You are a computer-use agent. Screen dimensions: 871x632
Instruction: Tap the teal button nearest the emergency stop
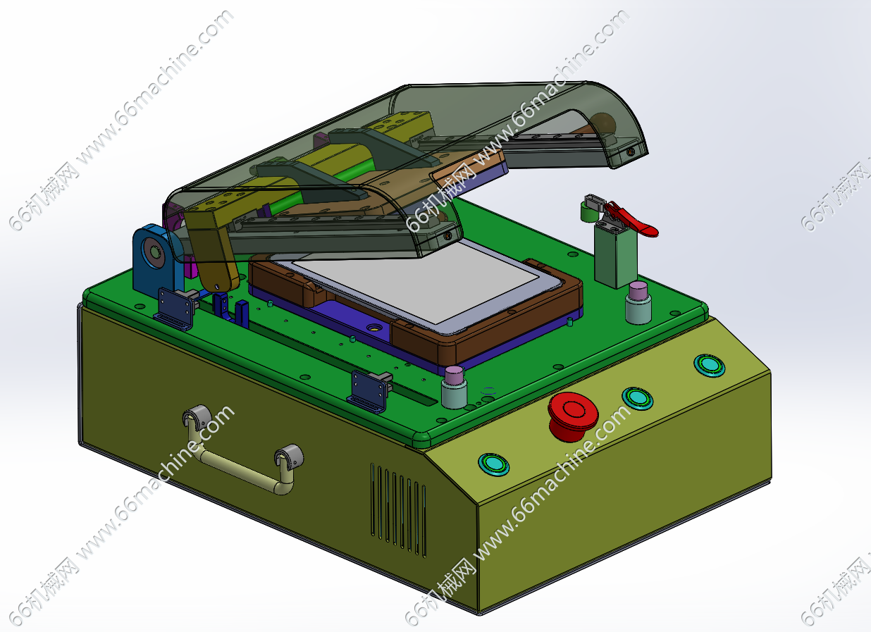637,398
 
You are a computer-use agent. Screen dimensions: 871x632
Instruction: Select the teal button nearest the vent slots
493,464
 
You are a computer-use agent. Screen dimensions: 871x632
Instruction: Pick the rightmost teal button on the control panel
709,366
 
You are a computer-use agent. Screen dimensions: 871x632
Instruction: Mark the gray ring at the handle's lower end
290,457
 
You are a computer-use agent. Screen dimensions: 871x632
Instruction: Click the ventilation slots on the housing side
399,509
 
